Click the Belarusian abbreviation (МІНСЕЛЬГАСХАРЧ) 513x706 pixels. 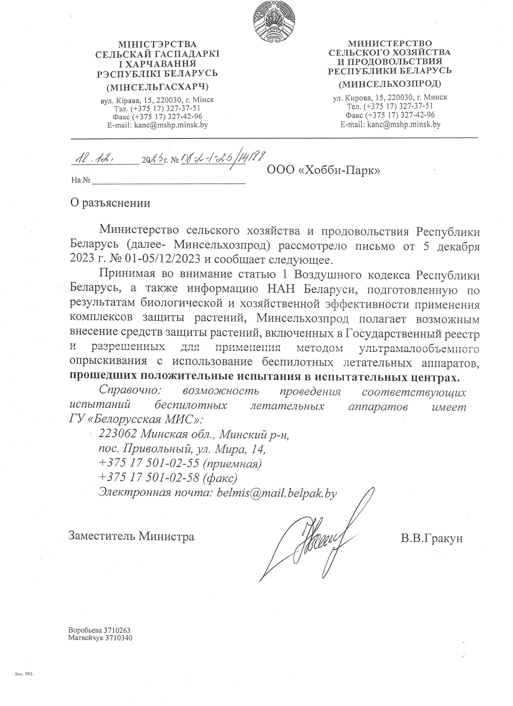pyautogui.click(x=157, y=87)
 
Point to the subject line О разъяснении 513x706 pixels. pyautogui.click(x=110, y=203)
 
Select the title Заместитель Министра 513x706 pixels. pyautogui.click(x=132, y=536)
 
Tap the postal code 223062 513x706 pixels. pyautogui.click(x=117, y=433)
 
